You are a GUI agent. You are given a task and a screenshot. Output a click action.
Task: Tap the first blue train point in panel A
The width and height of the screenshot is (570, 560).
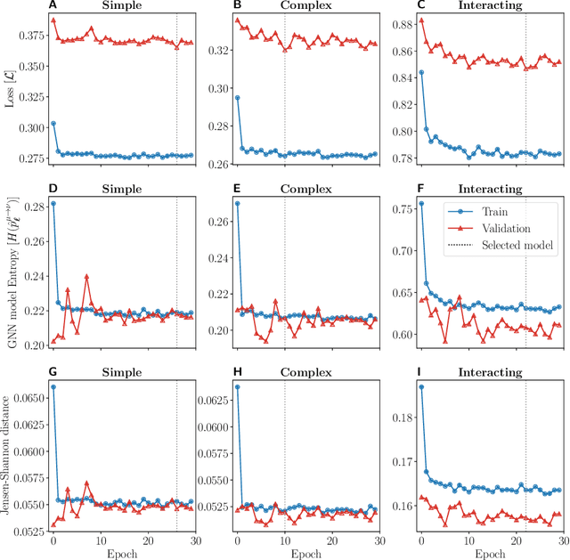(53, 123)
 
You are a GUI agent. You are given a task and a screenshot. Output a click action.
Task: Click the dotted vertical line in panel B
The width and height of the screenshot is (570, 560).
(284, 89)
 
